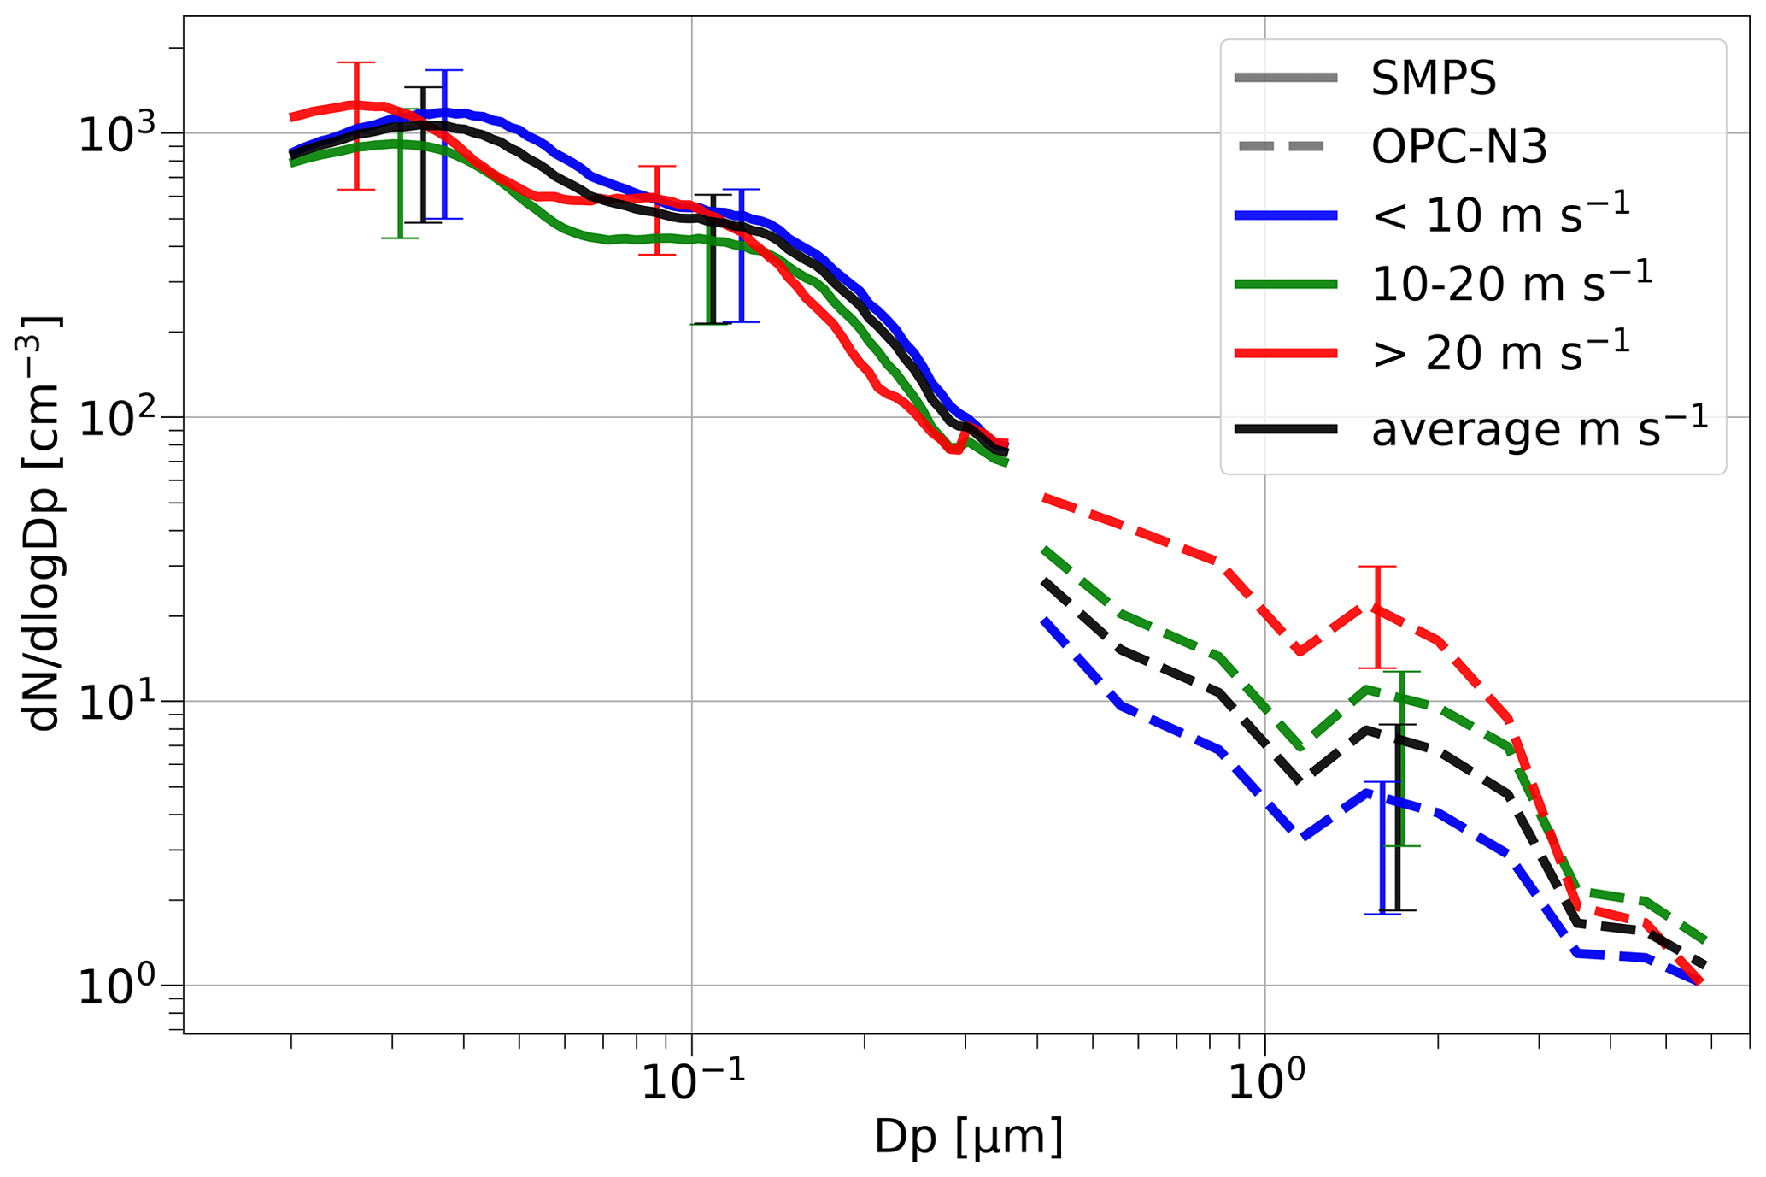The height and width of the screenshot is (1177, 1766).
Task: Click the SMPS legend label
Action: click(x=1434, y=79)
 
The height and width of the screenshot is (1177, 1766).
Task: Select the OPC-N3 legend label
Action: click(x=1458, y=148)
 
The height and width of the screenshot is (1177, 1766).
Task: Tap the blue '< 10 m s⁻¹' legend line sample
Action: click(x=1286, y=216)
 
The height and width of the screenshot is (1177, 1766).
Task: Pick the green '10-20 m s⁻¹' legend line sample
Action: click(x=1286, y=285)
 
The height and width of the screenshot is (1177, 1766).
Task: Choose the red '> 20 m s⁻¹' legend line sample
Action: click(x=1286, y=352)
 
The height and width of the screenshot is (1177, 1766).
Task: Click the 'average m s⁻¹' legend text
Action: click(x=1539, y=428)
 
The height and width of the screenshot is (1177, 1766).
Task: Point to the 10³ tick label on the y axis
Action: click(x=118, y=134)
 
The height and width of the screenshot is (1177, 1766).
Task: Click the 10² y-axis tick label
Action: click(x=118, y=418)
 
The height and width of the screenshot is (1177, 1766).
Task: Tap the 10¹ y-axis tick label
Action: click(x=118, y=702)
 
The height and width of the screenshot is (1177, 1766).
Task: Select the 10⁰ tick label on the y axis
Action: click(x=118, y=986)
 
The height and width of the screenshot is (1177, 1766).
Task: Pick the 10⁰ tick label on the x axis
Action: click(x=1264, y=1084)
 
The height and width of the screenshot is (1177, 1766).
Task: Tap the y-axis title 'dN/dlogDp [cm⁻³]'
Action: click(x=43, y=524)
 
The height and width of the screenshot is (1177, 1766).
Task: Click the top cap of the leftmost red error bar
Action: click(x=356, y=62)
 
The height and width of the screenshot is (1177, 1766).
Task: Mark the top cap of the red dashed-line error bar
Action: click(x=1377, y=567)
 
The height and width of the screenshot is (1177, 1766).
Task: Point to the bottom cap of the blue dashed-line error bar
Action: click(x=1382, y=914)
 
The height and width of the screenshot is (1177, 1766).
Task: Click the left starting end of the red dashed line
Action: click(x=1043, y=497)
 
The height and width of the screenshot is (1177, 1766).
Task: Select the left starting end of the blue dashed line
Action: click(x=1043, y=621)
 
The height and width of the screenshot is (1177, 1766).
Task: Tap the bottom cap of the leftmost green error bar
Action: click(x=400, y=238)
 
